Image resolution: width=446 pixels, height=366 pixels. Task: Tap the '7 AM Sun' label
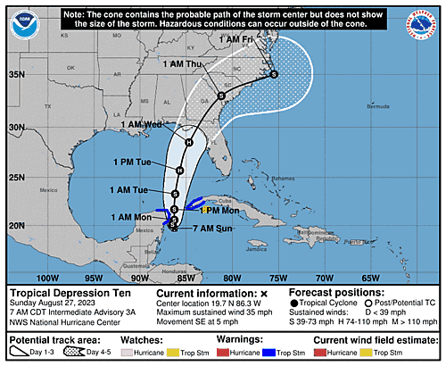(x=215, y=229)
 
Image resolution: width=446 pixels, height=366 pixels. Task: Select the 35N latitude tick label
(x=16, y=75)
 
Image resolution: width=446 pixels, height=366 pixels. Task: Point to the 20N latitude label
(x=16, y=225)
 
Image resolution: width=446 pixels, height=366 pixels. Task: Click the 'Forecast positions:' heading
(x=337, y=292)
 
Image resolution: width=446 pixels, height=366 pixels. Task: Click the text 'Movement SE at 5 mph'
(x=203, y=323)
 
